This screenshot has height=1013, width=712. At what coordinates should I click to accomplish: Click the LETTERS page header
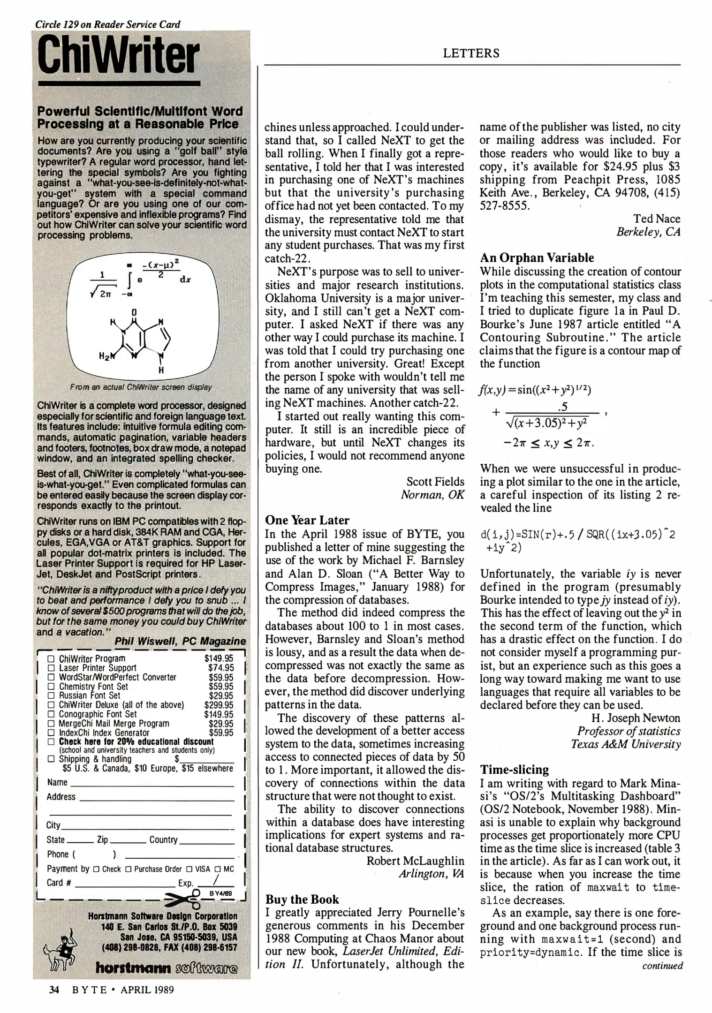point(471,53)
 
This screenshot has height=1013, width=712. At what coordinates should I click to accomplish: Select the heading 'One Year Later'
point(307,520)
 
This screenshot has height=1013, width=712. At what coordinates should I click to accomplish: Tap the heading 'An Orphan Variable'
point(537,257)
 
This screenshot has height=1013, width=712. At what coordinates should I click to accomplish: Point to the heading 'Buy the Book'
point(302,899)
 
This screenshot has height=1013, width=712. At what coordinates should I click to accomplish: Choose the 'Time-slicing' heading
point(514,770)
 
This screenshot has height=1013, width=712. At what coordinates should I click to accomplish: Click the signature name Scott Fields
point(435,482)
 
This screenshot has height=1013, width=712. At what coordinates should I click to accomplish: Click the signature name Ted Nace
point(656,219)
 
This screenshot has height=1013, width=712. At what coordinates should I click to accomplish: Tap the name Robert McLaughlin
point(415,861)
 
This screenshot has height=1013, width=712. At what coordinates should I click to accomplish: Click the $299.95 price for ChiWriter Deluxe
point(219,705)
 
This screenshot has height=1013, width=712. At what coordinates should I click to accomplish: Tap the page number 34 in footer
point(54,990)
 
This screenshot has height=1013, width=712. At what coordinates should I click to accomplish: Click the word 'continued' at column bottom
point(662,966)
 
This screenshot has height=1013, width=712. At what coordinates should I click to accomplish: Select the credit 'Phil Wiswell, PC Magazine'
point(180,641)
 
